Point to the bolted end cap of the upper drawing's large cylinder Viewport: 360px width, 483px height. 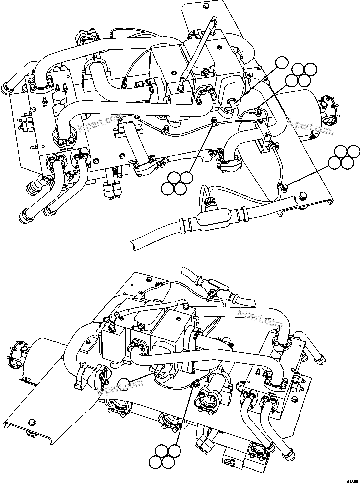point(328,113)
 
